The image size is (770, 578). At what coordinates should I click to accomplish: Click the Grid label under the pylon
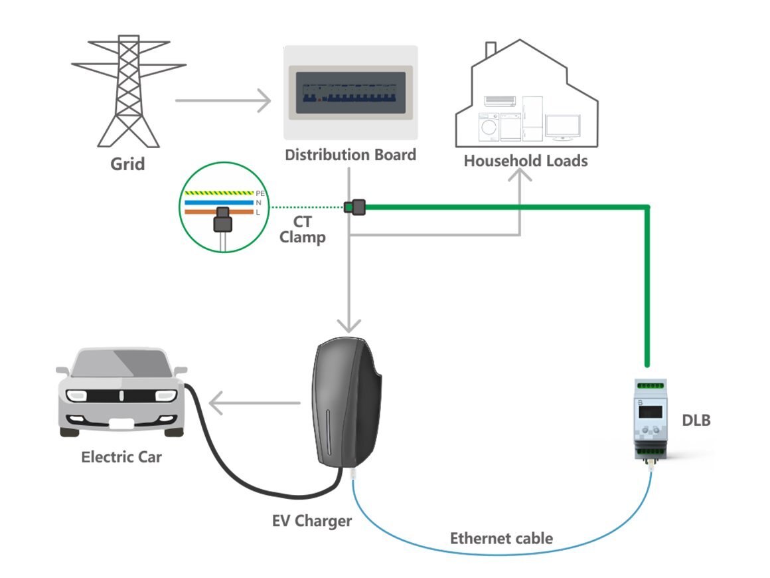(x=127, y=163)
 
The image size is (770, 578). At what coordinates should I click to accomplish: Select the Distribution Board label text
(x=350, y=155)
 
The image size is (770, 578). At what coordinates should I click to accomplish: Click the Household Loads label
(x=525, y=161)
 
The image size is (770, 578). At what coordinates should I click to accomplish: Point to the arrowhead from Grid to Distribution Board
(x=265, y=102)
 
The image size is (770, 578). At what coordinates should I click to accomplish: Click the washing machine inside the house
(x=488, y=127)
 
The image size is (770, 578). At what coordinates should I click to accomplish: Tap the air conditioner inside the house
(x=499, y=101)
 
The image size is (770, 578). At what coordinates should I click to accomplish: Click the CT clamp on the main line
(x=356, y=207)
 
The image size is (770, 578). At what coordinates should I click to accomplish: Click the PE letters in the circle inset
(x=260, y=193)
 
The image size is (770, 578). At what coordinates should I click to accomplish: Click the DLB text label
(x=697, y=421)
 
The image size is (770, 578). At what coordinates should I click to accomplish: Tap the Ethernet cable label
(x=501, y=537)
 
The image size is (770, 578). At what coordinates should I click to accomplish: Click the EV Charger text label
(x=312, y=521)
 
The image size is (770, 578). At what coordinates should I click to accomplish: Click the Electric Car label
(x=121, y=457)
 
